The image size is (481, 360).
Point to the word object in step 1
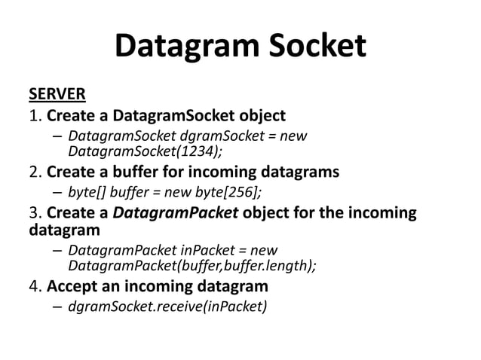click(x=262, y=116)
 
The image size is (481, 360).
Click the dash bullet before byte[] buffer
click(x=57, y=191)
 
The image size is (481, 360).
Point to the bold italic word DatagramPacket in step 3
click(x=178, y=212)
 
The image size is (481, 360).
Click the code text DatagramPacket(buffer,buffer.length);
click(x=192, y=266)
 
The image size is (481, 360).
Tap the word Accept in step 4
click(x=72, y=286)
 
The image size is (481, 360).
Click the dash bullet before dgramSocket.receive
click(x=57, y=307)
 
